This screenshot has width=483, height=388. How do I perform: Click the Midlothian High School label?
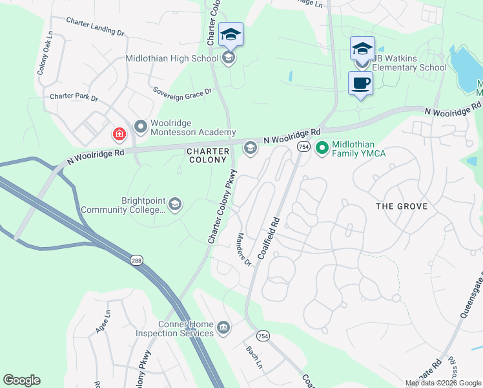[x=172, y=59]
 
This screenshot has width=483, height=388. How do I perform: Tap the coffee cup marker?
[x=360, y=83]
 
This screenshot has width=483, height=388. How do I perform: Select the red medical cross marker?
[x=119, y=135]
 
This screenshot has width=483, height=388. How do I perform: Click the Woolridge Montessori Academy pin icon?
[x=140, y=124]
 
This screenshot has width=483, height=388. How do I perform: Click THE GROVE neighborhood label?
[x=402, y=206]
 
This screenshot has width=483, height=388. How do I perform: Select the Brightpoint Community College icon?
[x=174, y=205]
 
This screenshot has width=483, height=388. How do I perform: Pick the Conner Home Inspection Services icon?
[x=223, y=326]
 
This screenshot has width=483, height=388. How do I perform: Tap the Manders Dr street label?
[x=243, y=250]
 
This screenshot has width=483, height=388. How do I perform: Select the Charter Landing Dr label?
[x=95, y=26]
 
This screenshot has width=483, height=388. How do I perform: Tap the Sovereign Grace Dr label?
[x=182, y=92]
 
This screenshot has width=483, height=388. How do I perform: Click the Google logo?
[x=21, y=380]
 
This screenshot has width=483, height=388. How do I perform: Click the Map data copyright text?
[x=442, y=383]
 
